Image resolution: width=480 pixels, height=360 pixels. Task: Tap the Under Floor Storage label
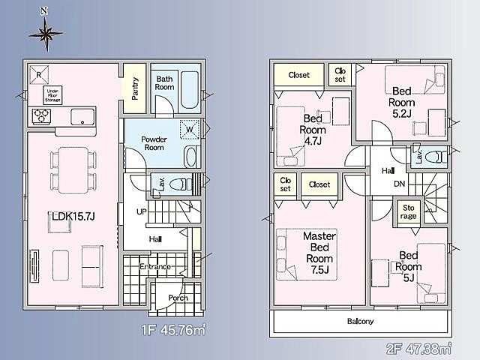52,95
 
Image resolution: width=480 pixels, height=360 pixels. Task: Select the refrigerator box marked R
39,75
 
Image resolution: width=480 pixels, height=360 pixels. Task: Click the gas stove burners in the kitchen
42,116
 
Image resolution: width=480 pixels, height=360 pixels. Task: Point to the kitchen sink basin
82,117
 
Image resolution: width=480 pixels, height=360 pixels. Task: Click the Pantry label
135,88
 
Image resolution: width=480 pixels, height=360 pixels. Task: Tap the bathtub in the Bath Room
190,90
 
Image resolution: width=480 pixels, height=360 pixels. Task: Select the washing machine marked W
190,130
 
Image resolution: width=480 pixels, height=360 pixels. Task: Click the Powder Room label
154,143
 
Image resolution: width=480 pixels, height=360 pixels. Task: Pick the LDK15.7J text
73,217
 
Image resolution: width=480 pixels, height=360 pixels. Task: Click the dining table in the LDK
73,170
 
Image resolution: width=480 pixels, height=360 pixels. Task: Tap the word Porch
178,298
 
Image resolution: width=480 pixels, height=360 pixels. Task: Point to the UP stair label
142,211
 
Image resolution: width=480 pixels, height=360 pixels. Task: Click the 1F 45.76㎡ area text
173,330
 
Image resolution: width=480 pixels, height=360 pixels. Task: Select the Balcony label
360,321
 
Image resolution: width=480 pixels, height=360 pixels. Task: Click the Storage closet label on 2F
408,211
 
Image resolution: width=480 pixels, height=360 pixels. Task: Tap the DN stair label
400,184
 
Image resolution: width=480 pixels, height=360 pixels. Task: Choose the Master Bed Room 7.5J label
319,253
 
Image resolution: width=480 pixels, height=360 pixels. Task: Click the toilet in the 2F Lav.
436,157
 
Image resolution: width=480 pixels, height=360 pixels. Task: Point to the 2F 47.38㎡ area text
418,348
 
